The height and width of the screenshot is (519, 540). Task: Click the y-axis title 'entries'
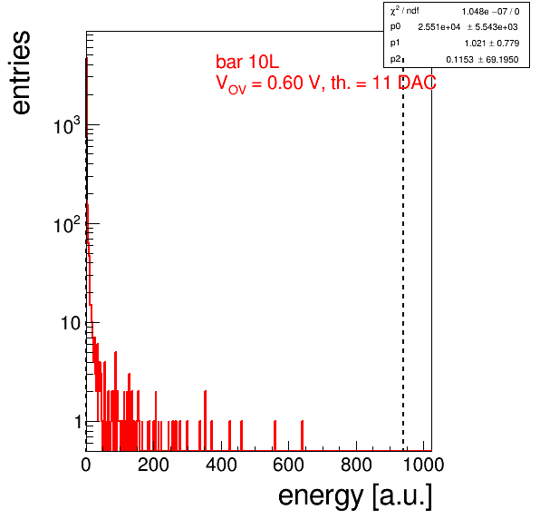tap(21, 73)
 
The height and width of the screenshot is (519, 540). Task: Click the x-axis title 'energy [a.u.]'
tap(355, 496)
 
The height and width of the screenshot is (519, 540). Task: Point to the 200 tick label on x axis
tap(153, 465)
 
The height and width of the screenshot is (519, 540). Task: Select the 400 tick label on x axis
tap(221, 465)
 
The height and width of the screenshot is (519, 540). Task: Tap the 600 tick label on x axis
tap(289, 465)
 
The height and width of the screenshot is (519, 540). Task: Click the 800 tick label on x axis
tap(356, 465)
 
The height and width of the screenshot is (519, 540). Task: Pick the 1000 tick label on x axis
tap(423, 465)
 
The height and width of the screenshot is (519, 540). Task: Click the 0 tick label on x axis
tap(86, 465)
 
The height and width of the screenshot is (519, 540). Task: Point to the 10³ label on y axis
tap(67, 125)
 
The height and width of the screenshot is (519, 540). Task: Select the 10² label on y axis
tap(67, 224)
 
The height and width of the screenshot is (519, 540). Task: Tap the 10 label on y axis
tap(71, 323)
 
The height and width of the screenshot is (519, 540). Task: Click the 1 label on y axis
tap(79, 422)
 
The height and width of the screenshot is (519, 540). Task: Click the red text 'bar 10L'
tap(247, 62)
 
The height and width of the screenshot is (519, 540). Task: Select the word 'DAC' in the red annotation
tap(417, 83)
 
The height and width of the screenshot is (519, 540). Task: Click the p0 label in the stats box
tap(395, 26)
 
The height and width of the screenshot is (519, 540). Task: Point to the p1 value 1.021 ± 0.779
tap(492, 44)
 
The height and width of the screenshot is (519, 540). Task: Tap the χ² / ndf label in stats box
tap(405, 11)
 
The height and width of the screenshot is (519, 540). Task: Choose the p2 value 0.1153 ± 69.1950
tap(482, 60)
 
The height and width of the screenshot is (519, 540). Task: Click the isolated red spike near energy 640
tap(302, 436)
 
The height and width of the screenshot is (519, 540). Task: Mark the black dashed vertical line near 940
tap(403, 255)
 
